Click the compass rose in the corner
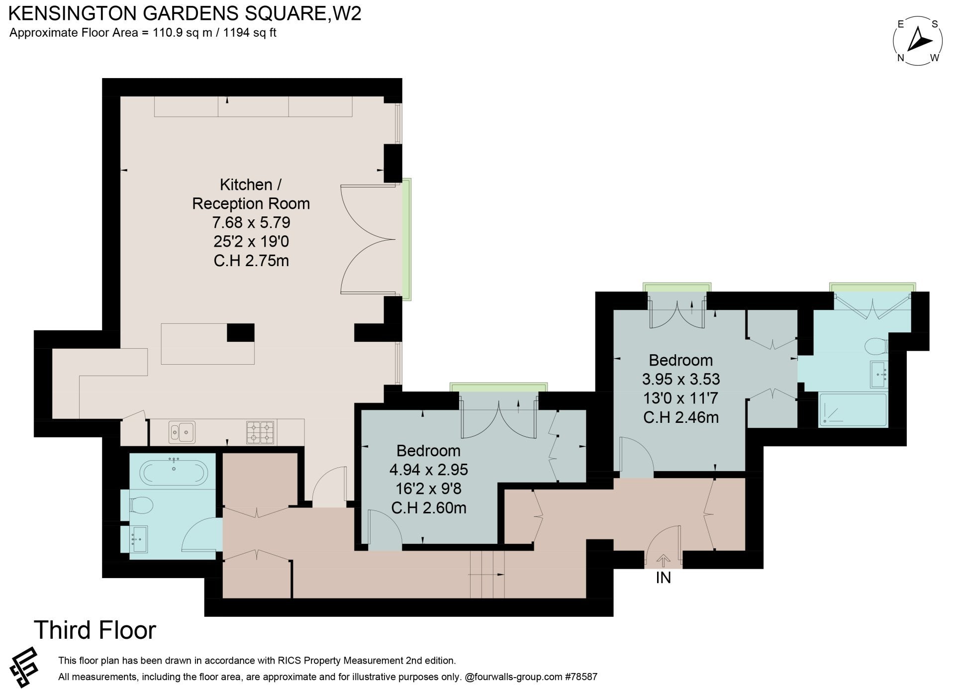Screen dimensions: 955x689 coord(918,42)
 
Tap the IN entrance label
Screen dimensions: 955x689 coord(663,578)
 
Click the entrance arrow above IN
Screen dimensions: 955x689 coord(663,561)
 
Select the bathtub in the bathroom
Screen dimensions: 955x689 coord(173,472)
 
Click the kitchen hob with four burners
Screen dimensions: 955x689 coord(261,432)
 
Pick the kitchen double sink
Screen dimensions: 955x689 coord(182,432)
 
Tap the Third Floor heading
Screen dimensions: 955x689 coord(95,630)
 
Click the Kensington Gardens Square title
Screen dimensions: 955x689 coord(185,13)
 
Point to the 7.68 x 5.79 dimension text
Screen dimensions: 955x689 coord(251,222)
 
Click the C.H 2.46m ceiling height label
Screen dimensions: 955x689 coord(681,417)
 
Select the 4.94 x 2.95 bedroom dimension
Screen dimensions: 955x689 coord(429,470)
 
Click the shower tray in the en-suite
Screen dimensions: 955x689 coord(853,410)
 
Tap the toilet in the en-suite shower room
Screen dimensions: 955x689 coord(876,345)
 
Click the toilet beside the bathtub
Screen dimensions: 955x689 coord(141,506)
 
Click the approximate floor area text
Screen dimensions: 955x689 coord(143,33)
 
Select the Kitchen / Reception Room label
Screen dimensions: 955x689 coord(251,194)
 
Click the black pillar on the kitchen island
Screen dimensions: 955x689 coord(241,332)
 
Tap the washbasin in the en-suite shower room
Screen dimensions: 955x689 coord(879,374)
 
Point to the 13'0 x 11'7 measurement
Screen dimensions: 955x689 coord(681,398)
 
